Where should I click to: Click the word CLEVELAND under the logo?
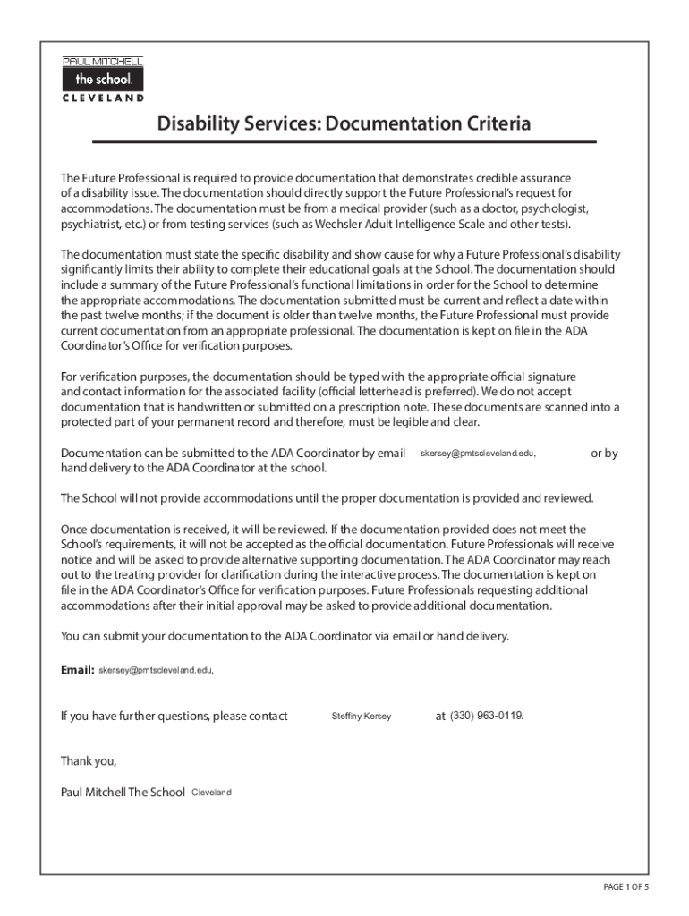pos(103,98)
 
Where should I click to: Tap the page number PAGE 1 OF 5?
pos(625,886)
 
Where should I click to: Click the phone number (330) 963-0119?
pos(486,716)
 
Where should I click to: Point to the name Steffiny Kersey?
pos(361,717)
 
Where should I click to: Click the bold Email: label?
pos(77,669)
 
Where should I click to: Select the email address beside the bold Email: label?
pos(156,669)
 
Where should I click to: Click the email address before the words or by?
pos(478,454)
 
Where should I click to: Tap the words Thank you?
pos(89,761)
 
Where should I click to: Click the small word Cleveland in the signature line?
pos(212,793)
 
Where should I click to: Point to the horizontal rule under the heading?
pos(344,142)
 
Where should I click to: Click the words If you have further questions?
pos(133,716)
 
